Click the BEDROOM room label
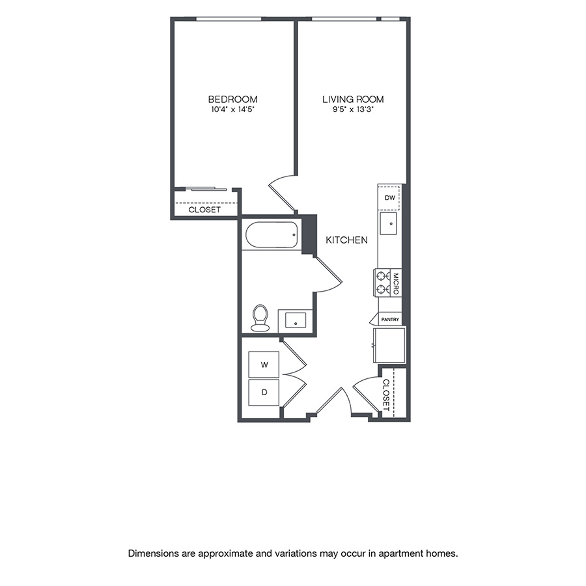click(232, 99)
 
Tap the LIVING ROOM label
click(353, 99)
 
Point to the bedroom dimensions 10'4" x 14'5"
click(232, 110)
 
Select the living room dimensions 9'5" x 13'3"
click(353, 110)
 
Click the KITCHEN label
click(346, 240)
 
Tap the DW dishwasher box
click(389, 197)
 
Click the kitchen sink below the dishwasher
click(389, 224)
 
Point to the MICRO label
click(395, 283)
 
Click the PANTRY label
click(390, 320)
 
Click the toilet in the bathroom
click(260, 317)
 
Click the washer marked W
click(264, 365)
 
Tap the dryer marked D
click(264, 393)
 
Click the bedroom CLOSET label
click(204, 210)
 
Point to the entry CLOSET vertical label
click(386, 395)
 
